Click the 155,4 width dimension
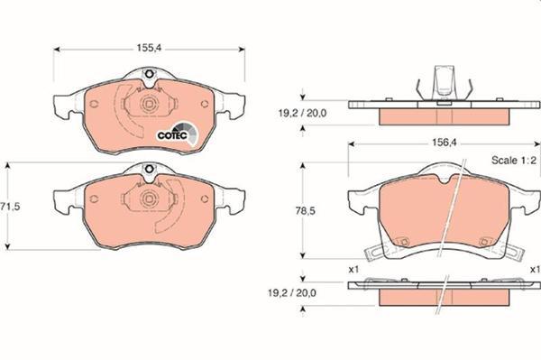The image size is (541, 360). click(x=149, y=48)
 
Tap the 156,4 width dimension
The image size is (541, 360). click(x=444, y=143)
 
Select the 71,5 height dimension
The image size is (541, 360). click(x=10, y=207)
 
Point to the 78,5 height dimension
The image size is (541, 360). click(x=305, y=211)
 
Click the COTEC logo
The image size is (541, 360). click(x=178, y=134)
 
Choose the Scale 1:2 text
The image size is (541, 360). click(x=514, y=161)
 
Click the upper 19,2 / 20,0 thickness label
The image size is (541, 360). click(x=302, y=113)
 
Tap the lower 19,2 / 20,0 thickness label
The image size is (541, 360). click(x=291, y=293)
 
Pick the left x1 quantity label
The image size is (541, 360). click(x=353, y=269)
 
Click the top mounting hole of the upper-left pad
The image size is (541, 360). click(x=150, y=74)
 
